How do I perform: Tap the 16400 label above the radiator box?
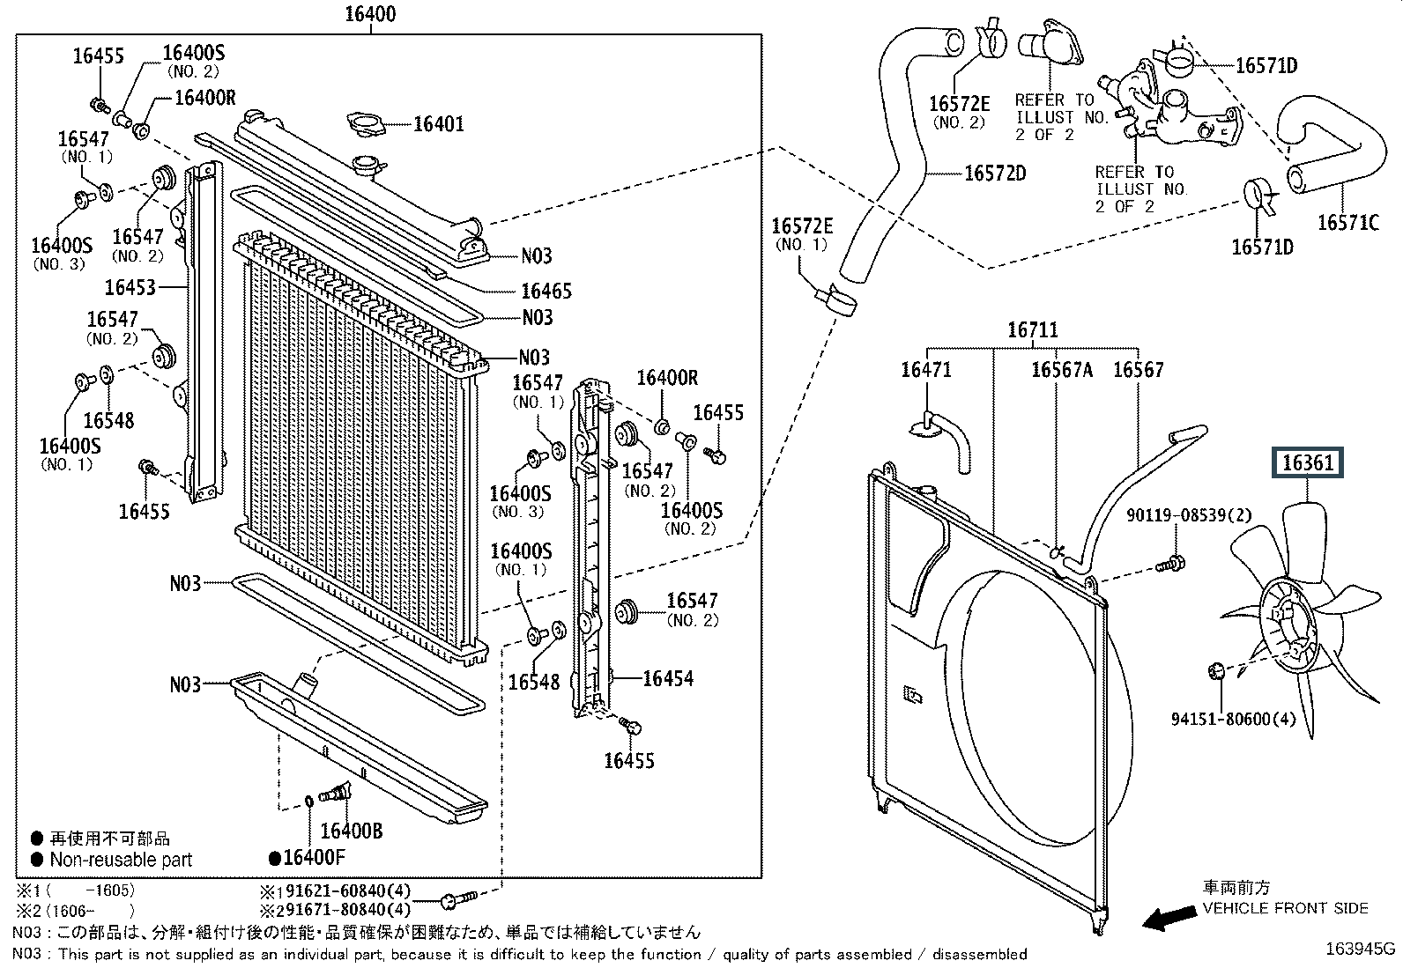370,14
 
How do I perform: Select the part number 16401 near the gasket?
438,124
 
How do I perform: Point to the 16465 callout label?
546,291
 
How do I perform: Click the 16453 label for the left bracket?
130,287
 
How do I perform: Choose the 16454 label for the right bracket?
668,678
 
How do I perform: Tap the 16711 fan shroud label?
1033,330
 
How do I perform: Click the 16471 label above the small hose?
925,370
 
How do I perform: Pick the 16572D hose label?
995,174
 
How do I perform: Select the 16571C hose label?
1347,223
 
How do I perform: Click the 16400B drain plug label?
351,831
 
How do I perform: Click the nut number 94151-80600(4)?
1233,720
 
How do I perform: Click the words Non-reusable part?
121,860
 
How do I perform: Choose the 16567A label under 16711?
1062,370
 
